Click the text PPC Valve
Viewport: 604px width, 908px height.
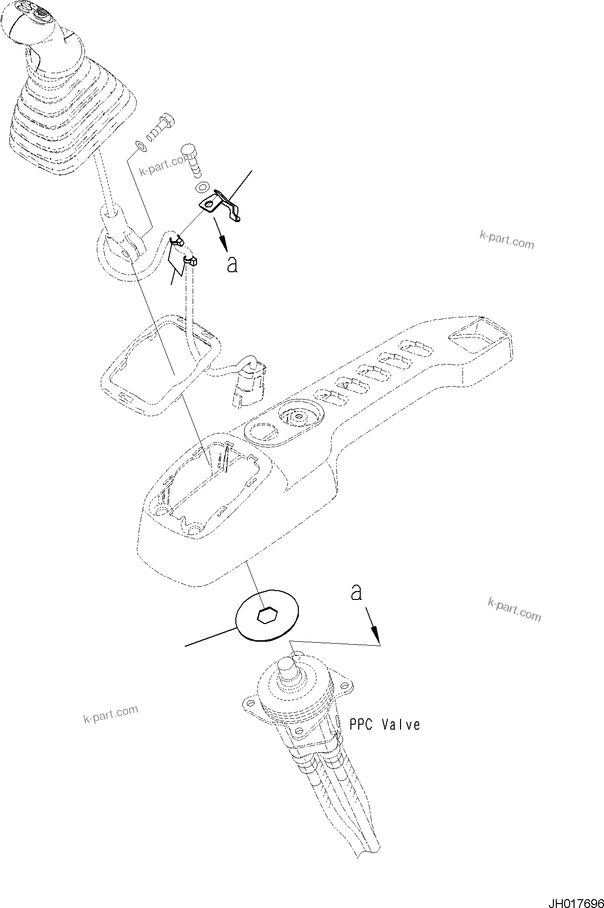coord(385,724)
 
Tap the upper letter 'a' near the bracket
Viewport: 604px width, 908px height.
coord(232,264)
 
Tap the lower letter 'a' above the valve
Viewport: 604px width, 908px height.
coord(356,593)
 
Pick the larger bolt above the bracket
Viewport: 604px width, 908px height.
coord(192,157)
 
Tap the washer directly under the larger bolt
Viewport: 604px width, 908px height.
coord(201,187)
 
